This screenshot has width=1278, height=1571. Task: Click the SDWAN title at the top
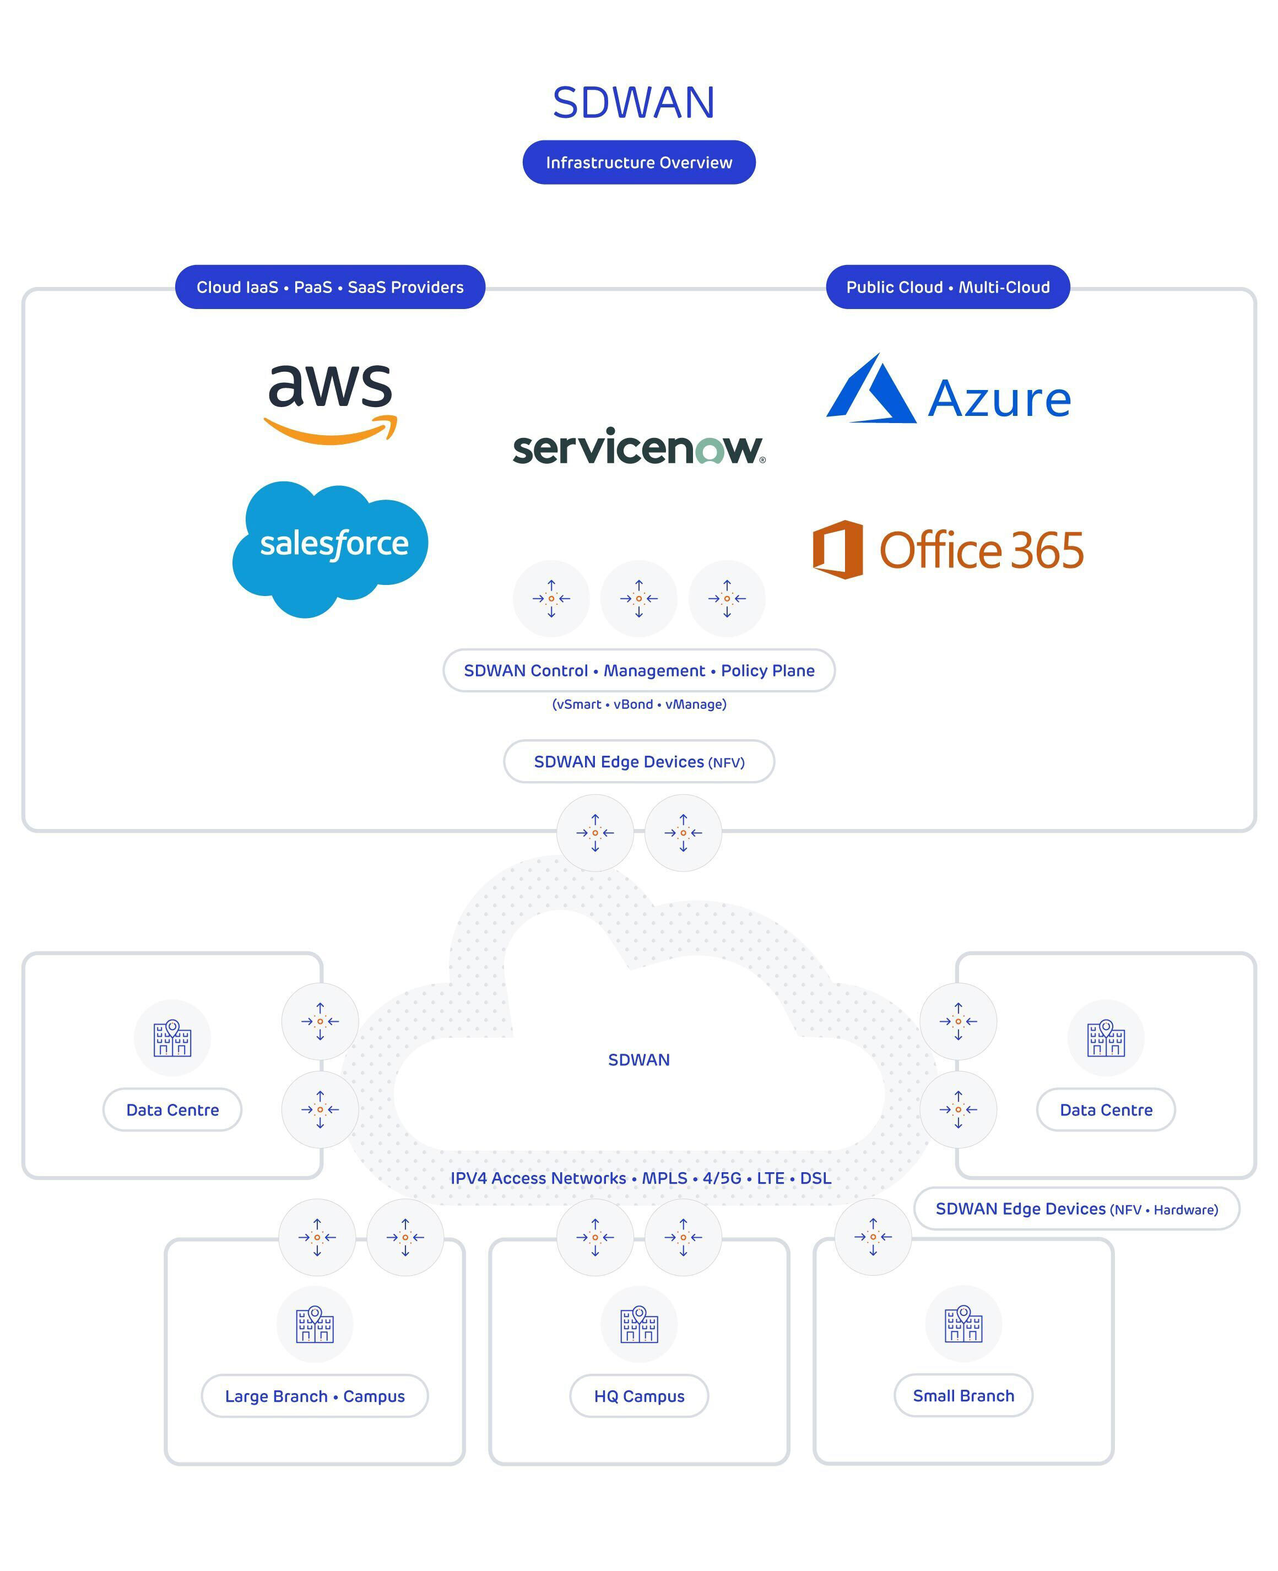(x=634, y=102)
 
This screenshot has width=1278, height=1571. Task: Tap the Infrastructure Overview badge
(x=639, y=162)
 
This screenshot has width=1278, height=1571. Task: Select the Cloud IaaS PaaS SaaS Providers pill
(x=330, y=287)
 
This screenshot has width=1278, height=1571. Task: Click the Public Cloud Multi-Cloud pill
(x=947, y=287)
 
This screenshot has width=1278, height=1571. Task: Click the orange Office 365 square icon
(x=838, y=549)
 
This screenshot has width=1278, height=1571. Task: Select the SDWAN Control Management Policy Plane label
(x=639, y=671)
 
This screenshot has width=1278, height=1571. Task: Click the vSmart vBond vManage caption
(x=639, y=705)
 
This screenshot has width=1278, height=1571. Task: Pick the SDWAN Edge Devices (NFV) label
(x=639, y=762)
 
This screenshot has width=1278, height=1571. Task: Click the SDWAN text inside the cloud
(x=639, y=1059)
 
